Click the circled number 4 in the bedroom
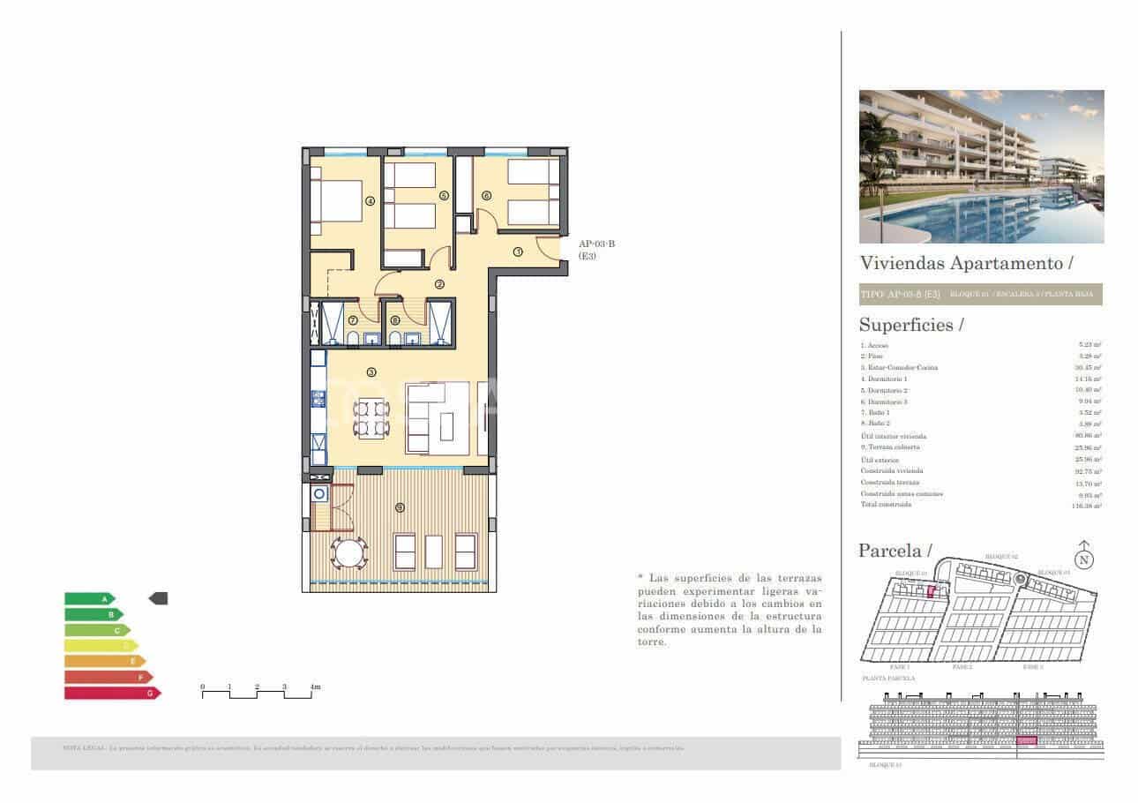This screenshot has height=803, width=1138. [371, 201]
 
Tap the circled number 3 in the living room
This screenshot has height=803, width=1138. [371, 372]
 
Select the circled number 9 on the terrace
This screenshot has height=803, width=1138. [400, 507]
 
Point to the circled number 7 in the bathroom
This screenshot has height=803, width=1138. [353, 320]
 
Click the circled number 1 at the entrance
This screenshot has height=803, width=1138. [518, 251]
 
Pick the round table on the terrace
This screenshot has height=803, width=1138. [348, 553]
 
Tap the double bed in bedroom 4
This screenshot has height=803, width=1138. [339, 202]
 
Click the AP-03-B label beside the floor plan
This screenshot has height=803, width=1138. [596, 244]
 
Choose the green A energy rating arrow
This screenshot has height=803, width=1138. [89, 598]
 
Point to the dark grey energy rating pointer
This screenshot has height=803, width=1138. [158, 598]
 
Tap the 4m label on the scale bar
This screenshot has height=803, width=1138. [315, 687]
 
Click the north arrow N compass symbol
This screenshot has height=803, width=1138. [1084, 558]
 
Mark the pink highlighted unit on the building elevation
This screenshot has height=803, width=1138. [1026, 741]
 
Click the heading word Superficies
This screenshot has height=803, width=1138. [906, 325]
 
